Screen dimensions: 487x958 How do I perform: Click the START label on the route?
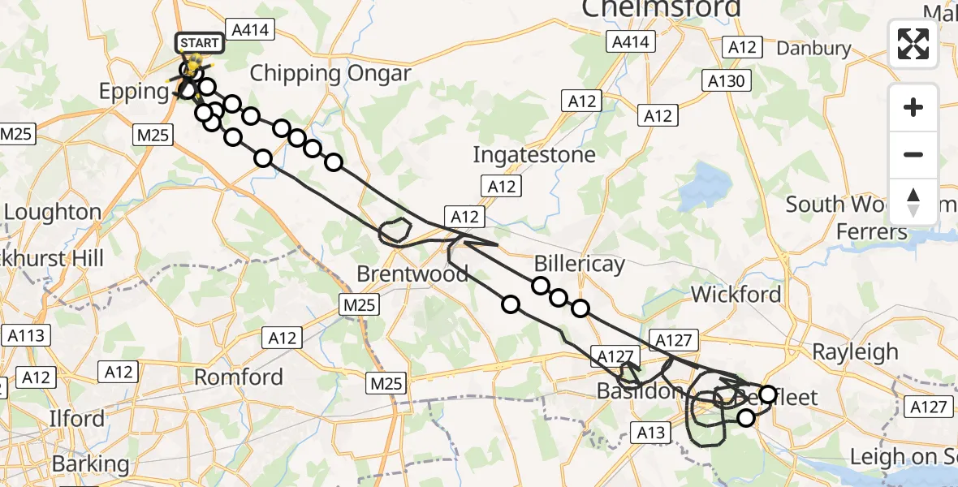coord(198,42)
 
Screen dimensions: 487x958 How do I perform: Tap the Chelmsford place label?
coord(661,8)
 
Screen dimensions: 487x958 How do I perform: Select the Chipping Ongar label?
coord(330,73)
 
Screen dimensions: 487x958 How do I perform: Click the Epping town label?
coord(134,91)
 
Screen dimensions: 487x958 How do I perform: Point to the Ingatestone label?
coord(534,154)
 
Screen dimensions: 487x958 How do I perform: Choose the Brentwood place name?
coord(412,274)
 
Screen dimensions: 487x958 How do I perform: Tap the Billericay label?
coord(580,264)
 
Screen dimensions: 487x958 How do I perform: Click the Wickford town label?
coord(736,294)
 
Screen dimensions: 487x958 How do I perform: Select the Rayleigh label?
coord(856,351)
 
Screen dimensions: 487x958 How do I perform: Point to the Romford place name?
coord(239,377)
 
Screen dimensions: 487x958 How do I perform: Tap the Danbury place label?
coord(813,48)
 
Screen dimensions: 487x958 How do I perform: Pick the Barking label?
coord(89,464)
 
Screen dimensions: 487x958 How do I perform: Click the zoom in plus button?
coord(913,107)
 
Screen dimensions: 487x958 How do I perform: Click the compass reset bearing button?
coord(913,201)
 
